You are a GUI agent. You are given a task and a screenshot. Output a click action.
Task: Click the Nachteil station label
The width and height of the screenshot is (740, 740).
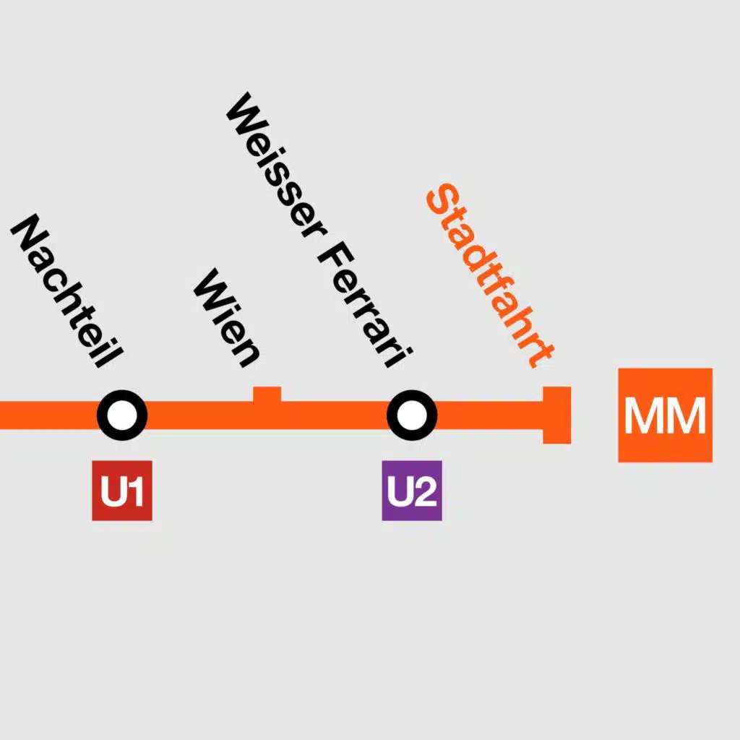[67, 291]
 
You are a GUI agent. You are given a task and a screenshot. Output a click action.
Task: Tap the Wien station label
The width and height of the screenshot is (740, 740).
[227, 318]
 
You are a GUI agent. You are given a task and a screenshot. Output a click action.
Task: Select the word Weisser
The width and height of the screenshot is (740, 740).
[277, 165]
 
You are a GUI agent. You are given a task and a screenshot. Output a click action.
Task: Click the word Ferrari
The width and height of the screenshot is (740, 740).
[365, 305]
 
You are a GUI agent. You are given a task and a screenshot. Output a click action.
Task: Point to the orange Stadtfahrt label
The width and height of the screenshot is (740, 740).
[491, 275]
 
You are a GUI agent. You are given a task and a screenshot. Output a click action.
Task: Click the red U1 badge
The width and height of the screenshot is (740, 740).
[122, 491]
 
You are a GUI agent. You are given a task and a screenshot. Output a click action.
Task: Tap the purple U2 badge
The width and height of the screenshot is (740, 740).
[412, 491]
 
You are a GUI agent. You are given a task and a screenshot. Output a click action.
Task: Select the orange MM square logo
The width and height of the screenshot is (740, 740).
[666, 415]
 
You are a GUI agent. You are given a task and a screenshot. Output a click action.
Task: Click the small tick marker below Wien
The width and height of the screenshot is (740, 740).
[267, 395]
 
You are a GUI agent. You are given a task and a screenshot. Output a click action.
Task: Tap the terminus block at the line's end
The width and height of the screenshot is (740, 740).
[557, 415]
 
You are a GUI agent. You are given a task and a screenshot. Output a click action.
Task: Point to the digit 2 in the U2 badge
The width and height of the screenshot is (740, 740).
[425, 491]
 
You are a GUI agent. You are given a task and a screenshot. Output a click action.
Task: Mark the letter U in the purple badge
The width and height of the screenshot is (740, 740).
[399, 491]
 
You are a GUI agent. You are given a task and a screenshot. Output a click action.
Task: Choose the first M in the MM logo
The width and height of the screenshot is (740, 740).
[645, 416]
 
